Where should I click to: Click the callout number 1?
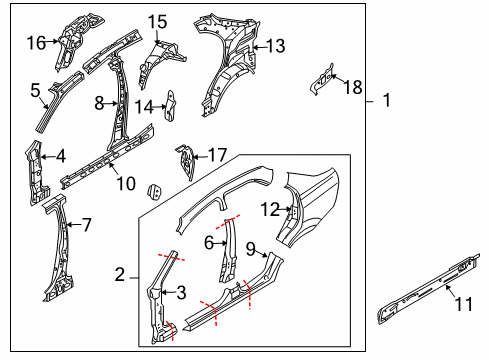click(385, 101)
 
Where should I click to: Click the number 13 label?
click(275, 45)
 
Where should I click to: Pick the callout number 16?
click(36, 42)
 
